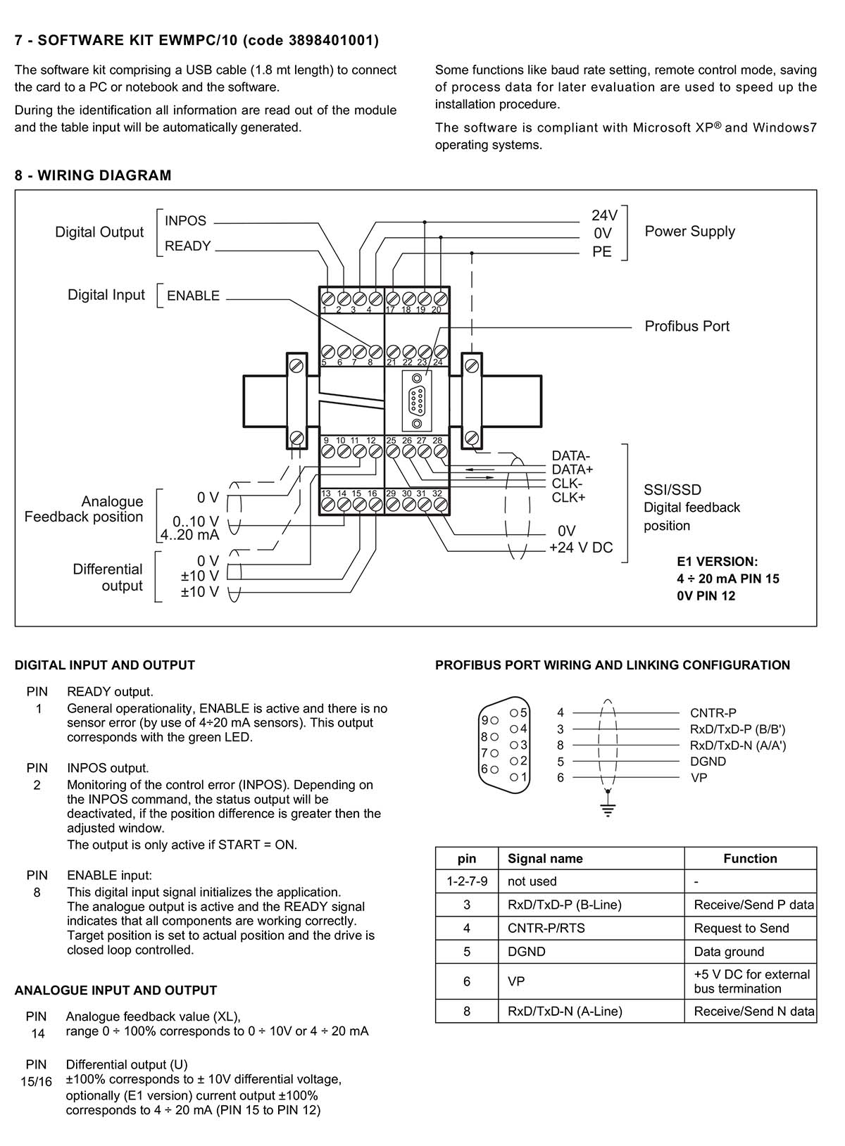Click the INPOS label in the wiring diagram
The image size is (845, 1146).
coord(185,220)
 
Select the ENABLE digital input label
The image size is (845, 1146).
coord(193,296)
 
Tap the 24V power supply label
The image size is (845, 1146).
coord(604,215)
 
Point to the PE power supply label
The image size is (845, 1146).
coord(602,252)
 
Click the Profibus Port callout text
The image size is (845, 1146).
coord(687,327)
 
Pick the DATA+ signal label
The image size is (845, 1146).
coord(572,470)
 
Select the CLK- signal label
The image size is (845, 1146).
coord(567,484)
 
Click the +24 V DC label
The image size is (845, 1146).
coord(580,548)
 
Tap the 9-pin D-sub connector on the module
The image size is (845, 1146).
coord(417,400)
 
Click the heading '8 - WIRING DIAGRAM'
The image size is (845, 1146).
coord(93,175)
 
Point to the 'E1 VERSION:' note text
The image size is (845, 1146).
coord(717,562)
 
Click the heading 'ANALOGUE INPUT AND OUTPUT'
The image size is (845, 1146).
coord(115,991)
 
